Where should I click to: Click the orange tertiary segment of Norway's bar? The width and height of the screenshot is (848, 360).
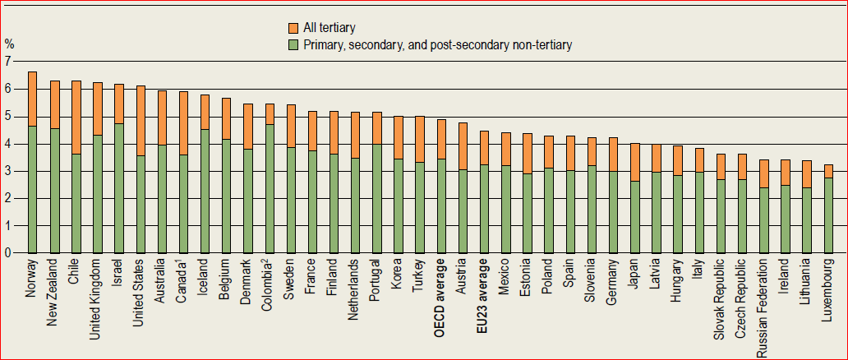pos(32,99)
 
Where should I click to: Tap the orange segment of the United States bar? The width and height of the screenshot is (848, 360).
pos(141,120)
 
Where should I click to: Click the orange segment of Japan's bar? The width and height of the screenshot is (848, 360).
pos(634,162)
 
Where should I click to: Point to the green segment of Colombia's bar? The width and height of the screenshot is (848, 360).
pos(269,188)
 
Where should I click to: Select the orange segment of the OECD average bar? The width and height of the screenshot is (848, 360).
pos(440,139)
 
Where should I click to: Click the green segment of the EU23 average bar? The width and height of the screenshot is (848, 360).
pos(484,209)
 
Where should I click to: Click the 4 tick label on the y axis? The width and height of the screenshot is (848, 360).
pos(8,144)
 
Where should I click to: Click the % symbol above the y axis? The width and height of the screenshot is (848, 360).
pos(9,44)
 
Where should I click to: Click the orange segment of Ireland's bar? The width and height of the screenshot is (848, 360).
pos(786,172)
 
